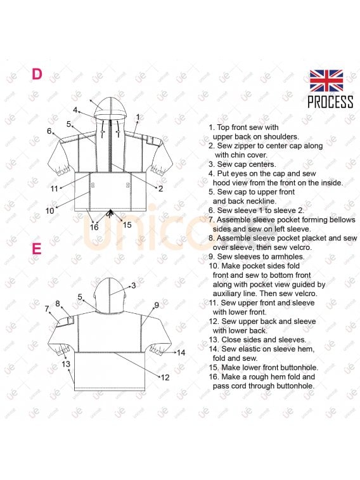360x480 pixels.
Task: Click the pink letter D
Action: click(x=37, y=74)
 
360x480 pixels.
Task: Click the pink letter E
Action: click(x=37, y=249)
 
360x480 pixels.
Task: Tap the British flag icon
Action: click(x=326, y=81)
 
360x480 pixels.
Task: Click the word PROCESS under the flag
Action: click(x=330, y=102)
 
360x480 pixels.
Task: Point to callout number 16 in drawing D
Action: click(x=94, y=227)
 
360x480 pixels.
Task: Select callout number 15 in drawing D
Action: click(x=127, y=225)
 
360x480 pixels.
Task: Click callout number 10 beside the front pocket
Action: click(x=49, y=211)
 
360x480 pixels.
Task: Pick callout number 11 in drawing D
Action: click(x=54, y=188)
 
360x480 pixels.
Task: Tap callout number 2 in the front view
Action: click(x=160, y=188)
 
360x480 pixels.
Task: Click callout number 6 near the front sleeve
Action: click(x=49, y=131)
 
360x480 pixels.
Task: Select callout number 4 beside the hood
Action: click(x=75, y=110)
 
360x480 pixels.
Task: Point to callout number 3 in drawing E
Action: click(x=134, y=285)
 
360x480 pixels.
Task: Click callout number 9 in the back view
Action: click(x=157, y=305)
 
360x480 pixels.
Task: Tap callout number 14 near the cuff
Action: click(x=181, y=353)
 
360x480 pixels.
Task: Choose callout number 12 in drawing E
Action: click(x=165, y=377)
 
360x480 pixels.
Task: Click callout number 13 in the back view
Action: click(x=66, y=364)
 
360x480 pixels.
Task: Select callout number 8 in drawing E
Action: click(x=58, y=304)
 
